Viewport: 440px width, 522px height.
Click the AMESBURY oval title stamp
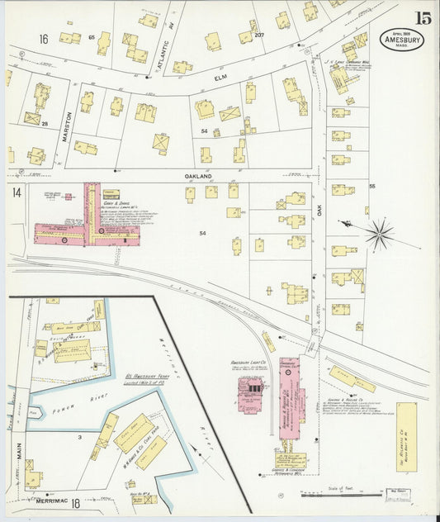(401, 40)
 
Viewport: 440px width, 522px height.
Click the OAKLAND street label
(199, 176)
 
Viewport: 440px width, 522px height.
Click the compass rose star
(379, 234)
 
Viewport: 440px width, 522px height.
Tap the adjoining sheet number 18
(75, 502)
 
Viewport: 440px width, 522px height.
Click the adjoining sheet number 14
(16, 192)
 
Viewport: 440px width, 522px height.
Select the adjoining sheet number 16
(43, 38)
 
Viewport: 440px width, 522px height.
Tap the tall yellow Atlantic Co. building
(406, 437)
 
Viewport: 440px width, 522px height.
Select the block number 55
(372, 187)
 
